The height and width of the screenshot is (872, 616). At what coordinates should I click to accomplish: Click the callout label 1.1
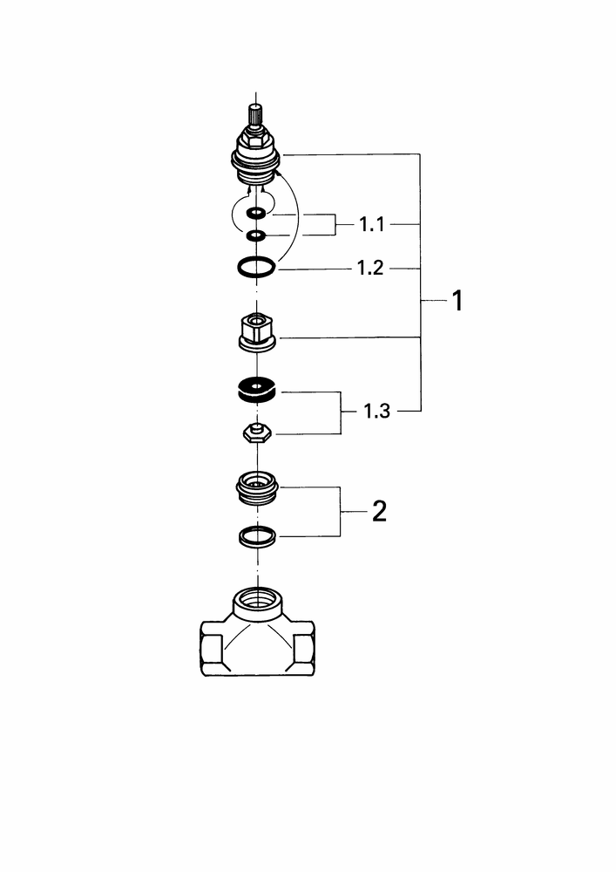[371, 225]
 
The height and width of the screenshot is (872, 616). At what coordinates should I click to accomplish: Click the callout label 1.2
[370, 269]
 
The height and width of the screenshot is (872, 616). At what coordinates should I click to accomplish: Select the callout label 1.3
[376, 412]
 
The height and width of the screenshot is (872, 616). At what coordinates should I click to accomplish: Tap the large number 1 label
[457, 301]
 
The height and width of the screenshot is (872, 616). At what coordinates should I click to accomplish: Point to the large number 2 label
[379, 511]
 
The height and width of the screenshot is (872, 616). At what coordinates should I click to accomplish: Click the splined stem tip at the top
[255, 114]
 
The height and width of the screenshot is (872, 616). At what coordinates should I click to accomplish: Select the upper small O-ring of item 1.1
[257, 213]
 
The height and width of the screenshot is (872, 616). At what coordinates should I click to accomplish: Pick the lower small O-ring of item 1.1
[257, 235]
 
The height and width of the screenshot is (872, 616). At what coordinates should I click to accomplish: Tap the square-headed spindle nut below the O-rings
[257, 333]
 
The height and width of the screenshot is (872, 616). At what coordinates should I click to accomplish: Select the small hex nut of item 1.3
[257, 433]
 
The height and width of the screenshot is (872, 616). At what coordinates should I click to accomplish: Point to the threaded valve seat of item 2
[257, 488]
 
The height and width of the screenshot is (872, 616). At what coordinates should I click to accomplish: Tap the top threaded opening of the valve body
[257, 602]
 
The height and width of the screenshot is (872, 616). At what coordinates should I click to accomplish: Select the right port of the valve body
[304, 650]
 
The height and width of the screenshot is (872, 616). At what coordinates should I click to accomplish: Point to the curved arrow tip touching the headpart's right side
[276, 174]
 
